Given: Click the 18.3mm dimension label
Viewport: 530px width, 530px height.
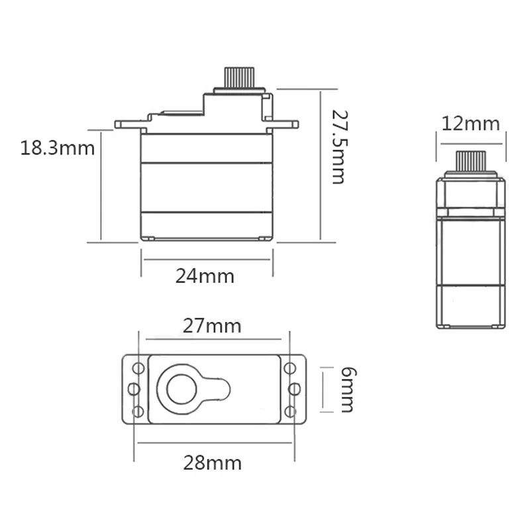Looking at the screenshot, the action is [58, 148].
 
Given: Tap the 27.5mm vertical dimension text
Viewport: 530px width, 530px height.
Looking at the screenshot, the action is [339, 147].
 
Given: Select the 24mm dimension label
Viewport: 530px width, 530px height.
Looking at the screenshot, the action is [205, 276].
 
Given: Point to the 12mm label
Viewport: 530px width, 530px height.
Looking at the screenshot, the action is [470, 124].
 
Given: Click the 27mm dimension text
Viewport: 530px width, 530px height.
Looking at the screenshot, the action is [212, 327].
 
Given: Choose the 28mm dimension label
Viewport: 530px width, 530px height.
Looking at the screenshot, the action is [212, 463].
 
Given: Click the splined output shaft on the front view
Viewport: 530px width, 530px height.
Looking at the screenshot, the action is [239, 78].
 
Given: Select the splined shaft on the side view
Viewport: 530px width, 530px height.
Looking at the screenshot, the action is [471, 161].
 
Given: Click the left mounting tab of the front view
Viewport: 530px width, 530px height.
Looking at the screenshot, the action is [128, 125].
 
